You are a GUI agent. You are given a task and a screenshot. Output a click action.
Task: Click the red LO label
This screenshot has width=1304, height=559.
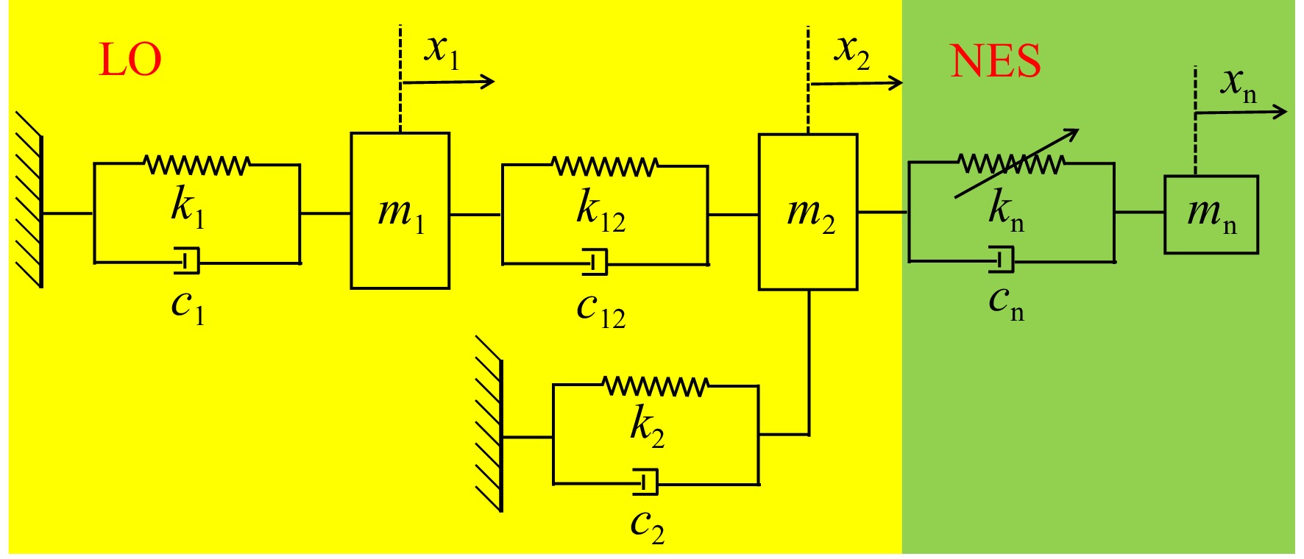pos(130,60)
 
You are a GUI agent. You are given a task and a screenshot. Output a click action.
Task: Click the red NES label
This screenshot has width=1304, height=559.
pos(996,60)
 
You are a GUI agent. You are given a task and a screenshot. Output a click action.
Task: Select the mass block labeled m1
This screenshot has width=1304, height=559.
pos(400,210)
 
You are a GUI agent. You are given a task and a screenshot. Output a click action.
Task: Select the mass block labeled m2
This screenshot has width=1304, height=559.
pos(808,212)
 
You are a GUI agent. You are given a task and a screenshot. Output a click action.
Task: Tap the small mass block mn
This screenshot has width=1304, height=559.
pos(1211,214)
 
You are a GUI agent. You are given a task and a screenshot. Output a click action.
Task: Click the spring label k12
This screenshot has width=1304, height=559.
pos(601,210)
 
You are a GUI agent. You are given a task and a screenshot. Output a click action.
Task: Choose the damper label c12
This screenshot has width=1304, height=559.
pos(601,309)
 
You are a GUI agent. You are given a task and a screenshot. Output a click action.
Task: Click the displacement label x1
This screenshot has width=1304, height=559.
pos(442,51)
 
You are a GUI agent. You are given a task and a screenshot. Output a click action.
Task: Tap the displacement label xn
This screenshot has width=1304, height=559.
pos(1239,83)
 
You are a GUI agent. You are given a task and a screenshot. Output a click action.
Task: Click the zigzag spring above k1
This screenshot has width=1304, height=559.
pos(197,165)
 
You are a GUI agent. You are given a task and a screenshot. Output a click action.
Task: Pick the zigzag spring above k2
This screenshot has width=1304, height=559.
pos(655,386)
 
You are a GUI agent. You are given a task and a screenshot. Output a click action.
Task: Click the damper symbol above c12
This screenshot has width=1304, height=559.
pos(595,262)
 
